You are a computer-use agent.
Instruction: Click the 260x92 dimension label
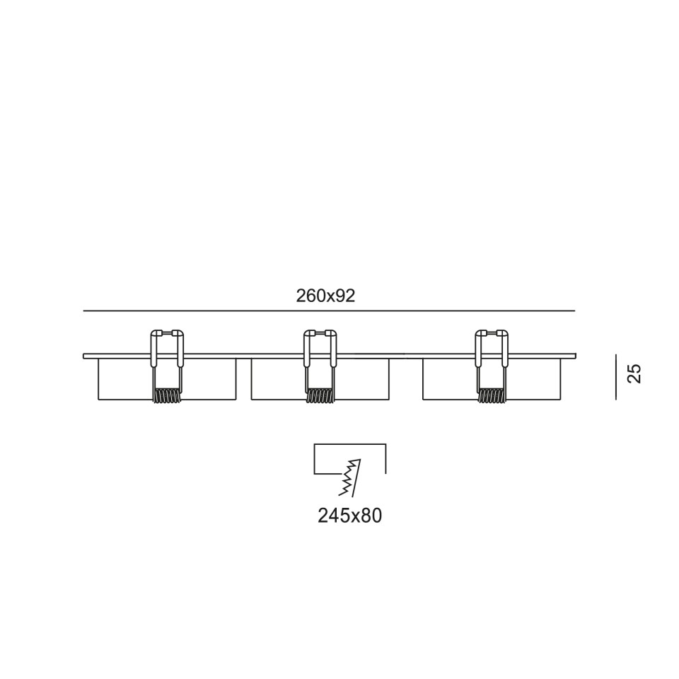[325, 296]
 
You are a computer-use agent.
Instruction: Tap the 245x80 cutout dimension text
[350, 516]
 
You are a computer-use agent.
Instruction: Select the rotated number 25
[634, 373]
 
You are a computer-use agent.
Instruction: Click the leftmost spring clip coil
[167, 396]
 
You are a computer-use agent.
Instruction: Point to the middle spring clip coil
[320, 396]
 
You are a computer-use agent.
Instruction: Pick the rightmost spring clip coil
[492, 396]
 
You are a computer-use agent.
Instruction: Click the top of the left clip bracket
[167, 332]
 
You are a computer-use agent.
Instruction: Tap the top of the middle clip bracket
[320, 332]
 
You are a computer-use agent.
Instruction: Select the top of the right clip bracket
[492, 332]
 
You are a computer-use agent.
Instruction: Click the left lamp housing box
[167, 400]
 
